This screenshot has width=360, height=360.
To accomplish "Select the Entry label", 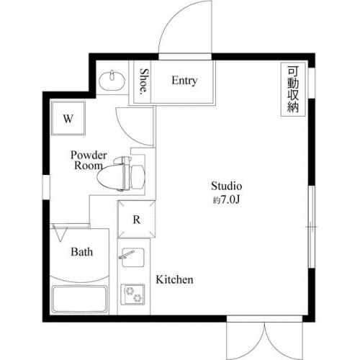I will (x=184, y=81).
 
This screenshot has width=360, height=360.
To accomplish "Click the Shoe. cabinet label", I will (x=144, y=82).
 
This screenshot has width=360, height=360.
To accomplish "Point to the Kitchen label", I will (x=175, y=279).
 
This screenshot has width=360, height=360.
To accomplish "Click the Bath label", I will (x=81, y=252).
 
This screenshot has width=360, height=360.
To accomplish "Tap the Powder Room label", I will (x=89, y=160).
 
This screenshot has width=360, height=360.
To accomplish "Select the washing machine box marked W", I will (x=68, y=118).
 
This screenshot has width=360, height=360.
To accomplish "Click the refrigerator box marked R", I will (x=136, y=220).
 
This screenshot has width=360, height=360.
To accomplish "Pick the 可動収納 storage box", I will (x=292, y=90).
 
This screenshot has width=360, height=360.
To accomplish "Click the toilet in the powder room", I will (x=127, y=173).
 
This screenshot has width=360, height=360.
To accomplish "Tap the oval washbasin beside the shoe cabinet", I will (x=112, y=78).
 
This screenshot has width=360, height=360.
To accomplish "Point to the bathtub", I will (x=80, y=297).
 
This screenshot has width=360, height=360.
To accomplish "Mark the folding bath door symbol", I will (x=60, y=233).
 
